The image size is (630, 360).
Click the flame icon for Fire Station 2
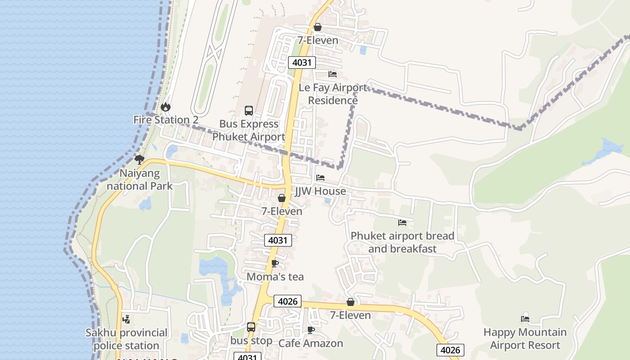coord(166,107)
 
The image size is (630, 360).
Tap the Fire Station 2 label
coord(166,120)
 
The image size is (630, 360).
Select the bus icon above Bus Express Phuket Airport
coord(248,110)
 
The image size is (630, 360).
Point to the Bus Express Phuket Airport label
coord(248,130)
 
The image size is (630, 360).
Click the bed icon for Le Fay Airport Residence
coord(333,74)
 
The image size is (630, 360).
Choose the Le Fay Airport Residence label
coord(333,94)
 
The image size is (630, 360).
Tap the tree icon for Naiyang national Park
coord(139,159)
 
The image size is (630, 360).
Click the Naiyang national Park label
coord(139,180)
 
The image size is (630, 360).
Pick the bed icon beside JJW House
coord(320,178)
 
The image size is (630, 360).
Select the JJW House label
coord(320,191)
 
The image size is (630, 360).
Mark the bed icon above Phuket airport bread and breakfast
coord(402,223)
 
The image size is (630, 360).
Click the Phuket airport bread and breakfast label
coord(402,242)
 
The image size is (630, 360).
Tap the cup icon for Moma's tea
coord(275,263)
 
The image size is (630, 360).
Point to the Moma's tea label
coord(275,277)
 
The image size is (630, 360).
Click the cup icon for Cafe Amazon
coord(310,330)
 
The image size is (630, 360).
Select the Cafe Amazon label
coord(310,343)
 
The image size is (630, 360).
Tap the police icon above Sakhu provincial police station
coord(126,319)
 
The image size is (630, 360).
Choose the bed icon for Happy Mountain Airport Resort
coord(525,319)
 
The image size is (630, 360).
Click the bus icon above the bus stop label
coord(251,327)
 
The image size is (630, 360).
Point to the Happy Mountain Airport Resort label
coord(525,339)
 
